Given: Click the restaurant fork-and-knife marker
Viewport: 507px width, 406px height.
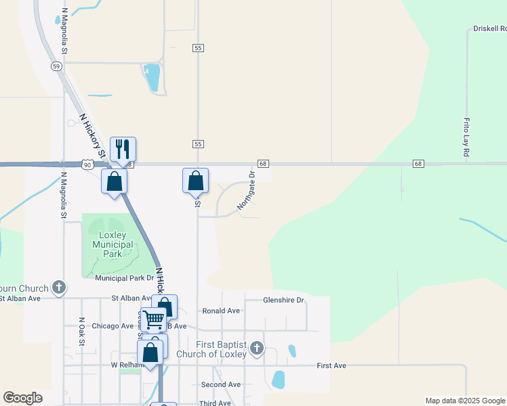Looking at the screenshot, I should click(x=123, y=149).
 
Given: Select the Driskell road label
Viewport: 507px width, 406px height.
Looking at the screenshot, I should click(x=489, y=29).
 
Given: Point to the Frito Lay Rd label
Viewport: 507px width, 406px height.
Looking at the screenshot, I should click(x=466, y=138).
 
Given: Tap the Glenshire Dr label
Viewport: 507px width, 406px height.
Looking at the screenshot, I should click(x=283, y=300).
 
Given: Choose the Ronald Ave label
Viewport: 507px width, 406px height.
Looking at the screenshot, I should click(x=221, y=311).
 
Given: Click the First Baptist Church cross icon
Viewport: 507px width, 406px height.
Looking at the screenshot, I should click(x=256, y=348).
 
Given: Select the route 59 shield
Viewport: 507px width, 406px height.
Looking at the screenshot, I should click(x=56, y=66).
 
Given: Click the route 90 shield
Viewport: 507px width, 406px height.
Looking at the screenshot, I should click(x=87, y=164).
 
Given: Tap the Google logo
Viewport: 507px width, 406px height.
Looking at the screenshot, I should click(x=22, y=398).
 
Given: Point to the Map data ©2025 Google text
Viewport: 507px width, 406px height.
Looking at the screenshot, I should click(x=464, y=401).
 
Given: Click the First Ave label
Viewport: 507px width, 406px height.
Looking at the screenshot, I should click(x=331, y=365).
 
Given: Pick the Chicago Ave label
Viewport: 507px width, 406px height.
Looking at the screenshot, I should click(x=113, y=325).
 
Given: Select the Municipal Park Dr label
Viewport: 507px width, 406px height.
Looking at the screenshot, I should click(x=124, y=278).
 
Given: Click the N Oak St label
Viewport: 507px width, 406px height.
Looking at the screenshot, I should click(x=81, y=332).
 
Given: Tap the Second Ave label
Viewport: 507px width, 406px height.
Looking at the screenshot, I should click(x=221, y=384).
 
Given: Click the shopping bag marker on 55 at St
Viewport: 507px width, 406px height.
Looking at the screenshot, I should click(x=195, y=181).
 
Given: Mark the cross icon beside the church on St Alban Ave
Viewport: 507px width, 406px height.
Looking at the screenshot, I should click(x=59, y=288).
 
